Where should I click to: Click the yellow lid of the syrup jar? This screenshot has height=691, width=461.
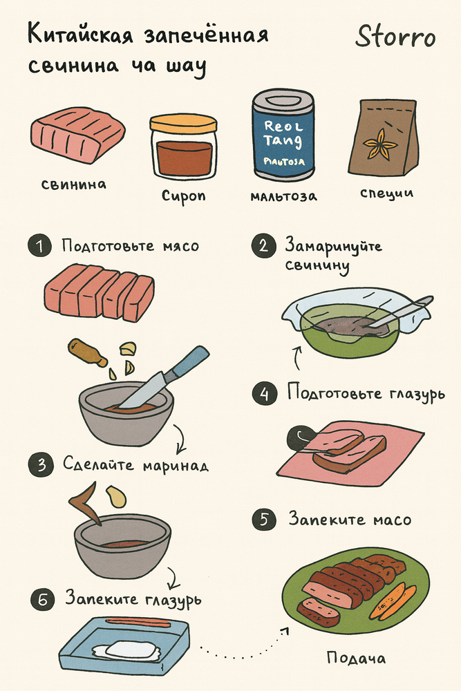click(183, 124)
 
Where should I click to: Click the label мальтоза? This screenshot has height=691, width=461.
click(283, 196)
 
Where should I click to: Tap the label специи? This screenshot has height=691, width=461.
click(386, 193)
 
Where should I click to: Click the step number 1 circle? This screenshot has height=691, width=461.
click(40, 245)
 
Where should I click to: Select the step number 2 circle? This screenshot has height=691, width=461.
click(263, 246)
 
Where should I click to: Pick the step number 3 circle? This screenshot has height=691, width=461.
click(41, 464)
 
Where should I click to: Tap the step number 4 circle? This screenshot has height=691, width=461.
click(265, 394)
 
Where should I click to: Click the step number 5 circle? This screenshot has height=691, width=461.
click(264, 519)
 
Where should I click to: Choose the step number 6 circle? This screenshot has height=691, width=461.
click(43, 599)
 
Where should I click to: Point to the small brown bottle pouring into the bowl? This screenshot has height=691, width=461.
click(87, 352)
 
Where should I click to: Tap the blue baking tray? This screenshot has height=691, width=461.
click(125, 646)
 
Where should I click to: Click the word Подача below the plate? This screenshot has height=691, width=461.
click(356, 659)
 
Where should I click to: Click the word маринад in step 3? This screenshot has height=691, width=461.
click(176, 465)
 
